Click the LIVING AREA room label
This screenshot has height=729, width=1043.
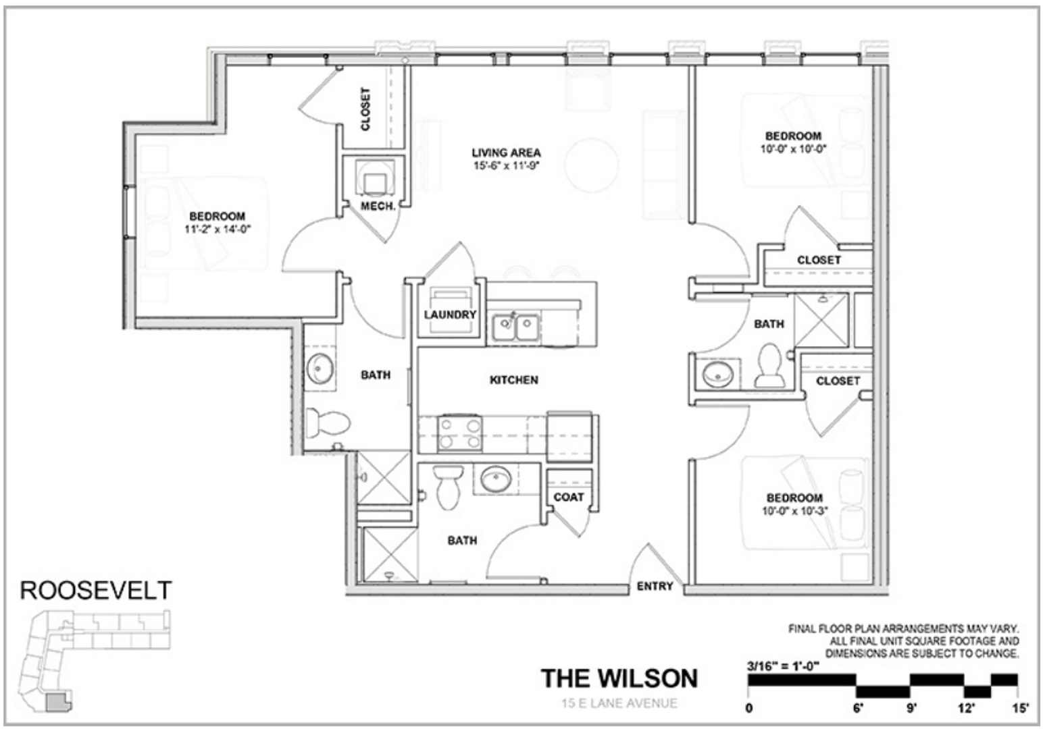(x=506, y=153)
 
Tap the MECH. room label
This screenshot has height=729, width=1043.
(x=377, y=206)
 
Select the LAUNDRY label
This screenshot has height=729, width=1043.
(x=450, y=315)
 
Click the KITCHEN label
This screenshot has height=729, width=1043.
(x=513, y=380)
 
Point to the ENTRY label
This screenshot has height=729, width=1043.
(x=655, y=587)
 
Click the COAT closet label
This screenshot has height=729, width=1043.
(x=568, y=497)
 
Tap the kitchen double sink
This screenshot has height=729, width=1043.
(x=515, y=328)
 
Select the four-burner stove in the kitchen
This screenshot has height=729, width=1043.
(x=459, y=434)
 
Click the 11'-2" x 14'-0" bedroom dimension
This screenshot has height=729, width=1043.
(x=217, y=230)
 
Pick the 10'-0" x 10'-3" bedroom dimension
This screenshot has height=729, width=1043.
(x=794, y=512)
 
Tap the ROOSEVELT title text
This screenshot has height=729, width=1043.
(x=95, y=591)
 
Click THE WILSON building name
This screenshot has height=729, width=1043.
(x=619, y=678)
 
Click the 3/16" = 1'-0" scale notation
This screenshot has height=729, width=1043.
(x=783, y=665)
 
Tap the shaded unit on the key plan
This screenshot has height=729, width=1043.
(x=58, y=704)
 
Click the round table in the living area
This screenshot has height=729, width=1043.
(x=591, y=165)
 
